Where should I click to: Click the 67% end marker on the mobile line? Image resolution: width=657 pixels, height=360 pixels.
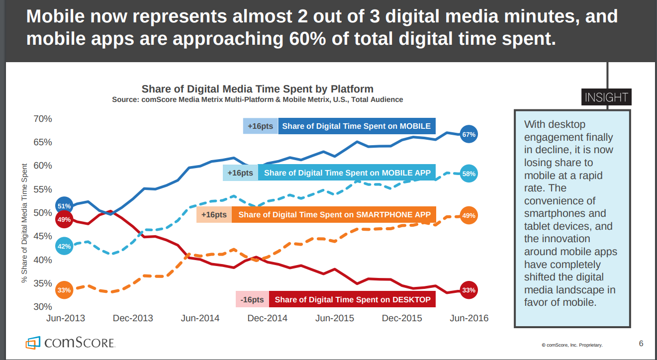(469, 134)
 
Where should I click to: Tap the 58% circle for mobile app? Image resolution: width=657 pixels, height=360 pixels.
(469, 174)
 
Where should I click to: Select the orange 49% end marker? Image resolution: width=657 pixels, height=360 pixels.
(469, 216)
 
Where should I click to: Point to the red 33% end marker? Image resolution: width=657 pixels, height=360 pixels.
(469, 290)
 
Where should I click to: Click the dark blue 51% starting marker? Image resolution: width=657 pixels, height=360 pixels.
(64, 206)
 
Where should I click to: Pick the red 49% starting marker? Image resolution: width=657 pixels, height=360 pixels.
(64, 219)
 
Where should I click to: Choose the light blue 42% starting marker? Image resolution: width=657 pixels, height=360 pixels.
(64, 246)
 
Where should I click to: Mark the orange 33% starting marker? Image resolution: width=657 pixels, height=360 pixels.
(64, 290)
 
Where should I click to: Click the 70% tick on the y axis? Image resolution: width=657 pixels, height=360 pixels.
(42, 119)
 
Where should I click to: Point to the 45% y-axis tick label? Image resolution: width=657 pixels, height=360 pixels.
(42, 236)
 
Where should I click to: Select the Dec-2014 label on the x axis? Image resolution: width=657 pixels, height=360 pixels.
(267, 318)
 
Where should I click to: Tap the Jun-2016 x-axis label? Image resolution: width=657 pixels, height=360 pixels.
(469, 318)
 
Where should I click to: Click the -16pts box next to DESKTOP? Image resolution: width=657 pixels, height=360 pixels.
(252, 300)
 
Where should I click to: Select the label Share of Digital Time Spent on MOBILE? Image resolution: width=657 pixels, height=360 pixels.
(357, 126)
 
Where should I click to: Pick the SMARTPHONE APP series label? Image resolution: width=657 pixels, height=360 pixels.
(334, 215)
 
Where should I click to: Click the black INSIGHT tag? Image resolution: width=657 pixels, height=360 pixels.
(606, 97)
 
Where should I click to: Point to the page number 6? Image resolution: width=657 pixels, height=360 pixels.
(641, 343)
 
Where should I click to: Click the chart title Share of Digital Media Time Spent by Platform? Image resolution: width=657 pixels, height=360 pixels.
(257, 89)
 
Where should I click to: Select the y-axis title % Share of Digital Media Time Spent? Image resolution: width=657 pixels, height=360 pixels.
(24, 222)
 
